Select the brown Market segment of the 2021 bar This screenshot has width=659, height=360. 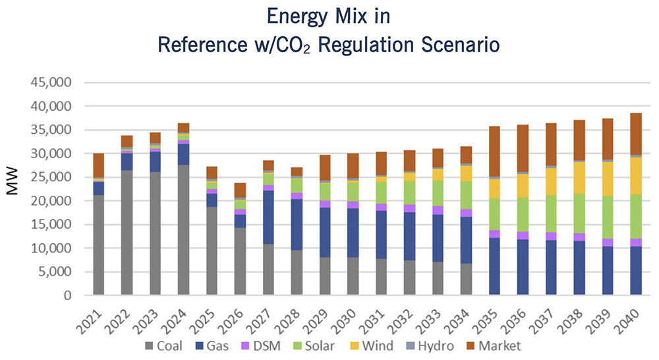pyautogui.click(x=99, y=165)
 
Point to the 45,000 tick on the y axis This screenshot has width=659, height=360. pyautogui.click(x=57, y=82)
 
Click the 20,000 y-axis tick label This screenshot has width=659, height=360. pyautogui.click(x=57, y=201)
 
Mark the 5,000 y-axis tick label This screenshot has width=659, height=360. pyautogui.click(x=60, y=272)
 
